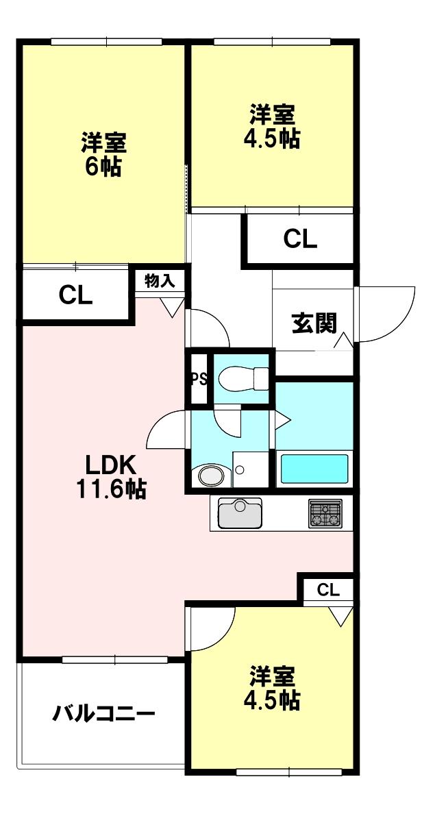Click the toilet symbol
(x=243, y=377)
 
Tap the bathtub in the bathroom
(x=315, y=469)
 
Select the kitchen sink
(x=240, y=513)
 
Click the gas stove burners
(x=325, y=513)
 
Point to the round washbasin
(x=211, y=475)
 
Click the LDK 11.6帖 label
(x=114, y=477)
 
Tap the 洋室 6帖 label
(x=103, y=155)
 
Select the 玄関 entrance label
(x=314, y=323)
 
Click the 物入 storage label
(x=160, y=280)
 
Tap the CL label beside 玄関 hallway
(x=301, y=240)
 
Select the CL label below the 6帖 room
(x=75, y=295)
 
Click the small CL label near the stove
(x=328, y=590)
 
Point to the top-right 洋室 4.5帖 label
(x=271, y=126)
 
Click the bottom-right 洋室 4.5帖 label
(x=272, y=688)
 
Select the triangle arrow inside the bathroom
(x=284, y=419)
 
